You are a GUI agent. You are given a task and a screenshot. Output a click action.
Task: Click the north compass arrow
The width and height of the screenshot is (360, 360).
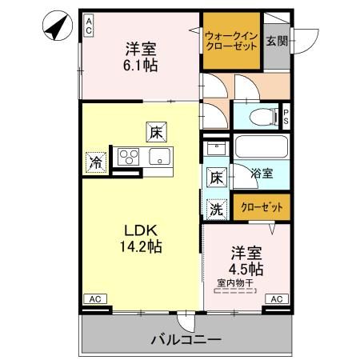54,29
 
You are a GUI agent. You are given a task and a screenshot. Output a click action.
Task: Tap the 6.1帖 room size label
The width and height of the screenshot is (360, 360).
139,64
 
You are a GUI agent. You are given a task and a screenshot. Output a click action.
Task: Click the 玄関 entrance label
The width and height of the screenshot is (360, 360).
277,41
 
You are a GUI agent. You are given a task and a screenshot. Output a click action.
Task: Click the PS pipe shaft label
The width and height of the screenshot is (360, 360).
286,117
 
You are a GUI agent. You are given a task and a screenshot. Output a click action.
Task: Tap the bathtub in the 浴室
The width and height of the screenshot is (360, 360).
261,149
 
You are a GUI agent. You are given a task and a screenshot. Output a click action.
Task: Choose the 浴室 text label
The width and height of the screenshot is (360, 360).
261,173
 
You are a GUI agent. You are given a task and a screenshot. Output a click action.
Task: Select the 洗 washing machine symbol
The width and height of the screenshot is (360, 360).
216,209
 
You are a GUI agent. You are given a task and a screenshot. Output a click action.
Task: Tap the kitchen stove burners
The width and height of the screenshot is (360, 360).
128,157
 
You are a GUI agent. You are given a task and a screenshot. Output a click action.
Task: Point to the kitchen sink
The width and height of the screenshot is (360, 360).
157,157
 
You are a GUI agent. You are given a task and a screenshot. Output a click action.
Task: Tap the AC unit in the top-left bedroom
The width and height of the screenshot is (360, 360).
89,25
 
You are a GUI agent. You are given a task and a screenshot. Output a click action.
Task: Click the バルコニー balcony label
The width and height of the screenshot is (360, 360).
186,341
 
